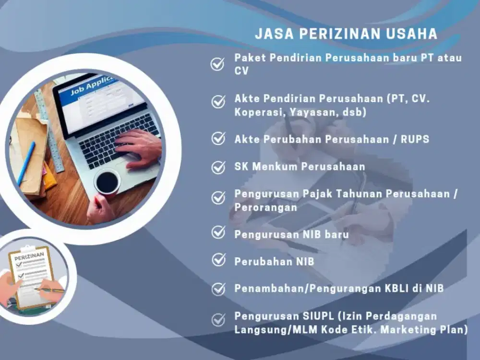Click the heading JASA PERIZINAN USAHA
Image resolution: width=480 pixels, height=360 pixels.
(346, 34)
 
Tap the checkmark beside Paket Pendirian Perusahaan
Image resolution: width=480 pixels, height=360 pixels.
(218, 64)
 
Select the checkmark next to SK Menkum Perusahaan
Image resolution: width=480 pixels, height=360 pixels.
(218, 167)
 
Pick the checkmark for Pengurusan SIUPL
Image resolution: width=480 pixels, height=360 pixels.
(218, 320)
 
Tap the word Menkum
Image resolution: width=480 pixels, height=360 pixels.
(276, 167)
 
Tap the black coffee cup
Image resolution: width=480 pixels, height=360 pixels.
(108, 182)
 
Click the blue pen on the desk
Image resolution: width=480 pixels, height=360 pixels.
(26, 164)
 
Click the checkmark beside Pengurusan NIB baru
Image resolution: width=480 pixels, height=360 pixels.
(218, 233)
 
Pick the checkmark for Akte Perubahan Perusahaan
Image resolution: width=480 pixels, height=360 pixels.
(218, 139)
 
